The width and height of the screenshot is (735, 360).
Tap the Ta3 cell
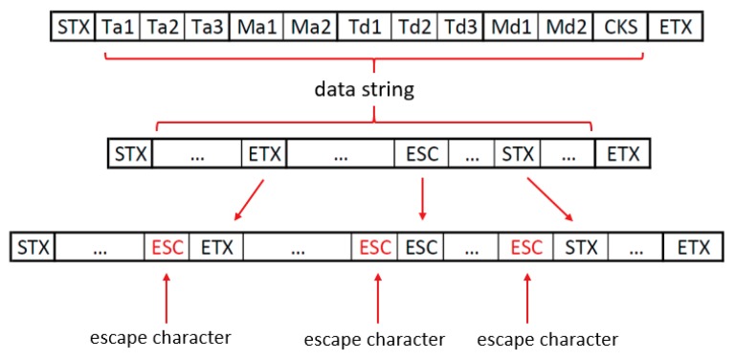tap(207, 26)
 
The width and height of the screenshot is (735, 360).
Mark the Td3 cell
tap(461, 26)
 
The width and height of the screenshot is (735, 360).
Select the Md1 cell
tap(512, 26)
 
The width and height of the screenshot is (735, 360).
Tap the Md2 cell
tap(566, 26)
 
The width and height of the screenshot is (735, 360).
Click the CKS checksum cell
tap(618, 26)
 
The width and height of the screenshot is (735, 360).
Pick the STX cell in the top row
tap(73, 26)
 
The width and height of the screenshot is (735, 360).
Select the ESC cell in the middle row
tap(421, 153)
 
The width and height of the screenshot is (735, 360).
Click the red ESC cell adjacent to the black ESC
tap(374, 248)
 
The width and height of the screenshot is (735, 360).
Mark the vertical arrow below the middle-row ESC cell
tap(421, 198)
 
